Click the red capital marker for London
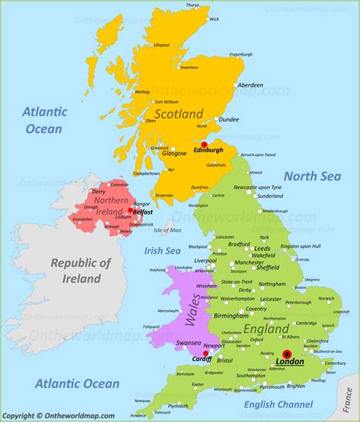coord(287,354)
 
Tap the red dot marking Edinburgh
coord(204,143)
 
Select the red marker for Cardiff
coord(206,353)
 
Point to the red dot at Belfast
coord(130,211)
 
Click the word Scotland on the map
coord(179,114)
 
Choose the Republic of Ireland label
coord(81,271)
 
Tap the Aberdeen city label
coord(251,85)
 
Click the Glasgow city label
coord(174,154)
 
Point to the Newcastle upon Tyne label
coord(257,187)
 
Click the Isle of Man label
coord(167,230)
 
